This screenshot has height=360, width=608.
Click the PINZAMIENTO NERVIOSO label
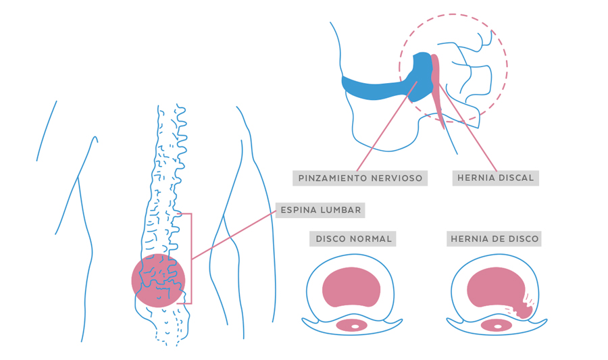361,178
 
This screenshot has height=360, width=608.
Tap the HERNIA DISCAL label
496,178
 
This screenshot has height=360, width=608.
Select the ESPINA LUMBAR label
321,210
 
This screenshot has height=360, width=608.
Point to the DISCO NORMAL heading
353,238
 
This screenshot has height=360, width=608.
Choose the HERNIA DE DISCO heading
495,238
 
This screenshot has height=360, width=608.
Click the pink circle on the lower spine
158,280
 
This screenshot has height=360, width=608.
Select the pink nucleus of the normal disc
351,287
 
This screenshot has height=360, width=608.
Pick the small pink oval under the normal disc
351,326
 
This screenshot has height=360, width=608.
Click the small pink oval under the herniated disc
498,326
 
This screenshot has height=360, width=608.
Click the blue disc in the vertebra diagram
378,87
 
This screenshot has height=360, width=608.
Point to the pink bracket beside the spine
191,257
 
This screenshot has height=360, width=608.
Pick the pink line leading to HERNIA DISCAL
470,132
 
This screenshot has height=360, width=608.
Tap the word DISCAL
516,178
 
